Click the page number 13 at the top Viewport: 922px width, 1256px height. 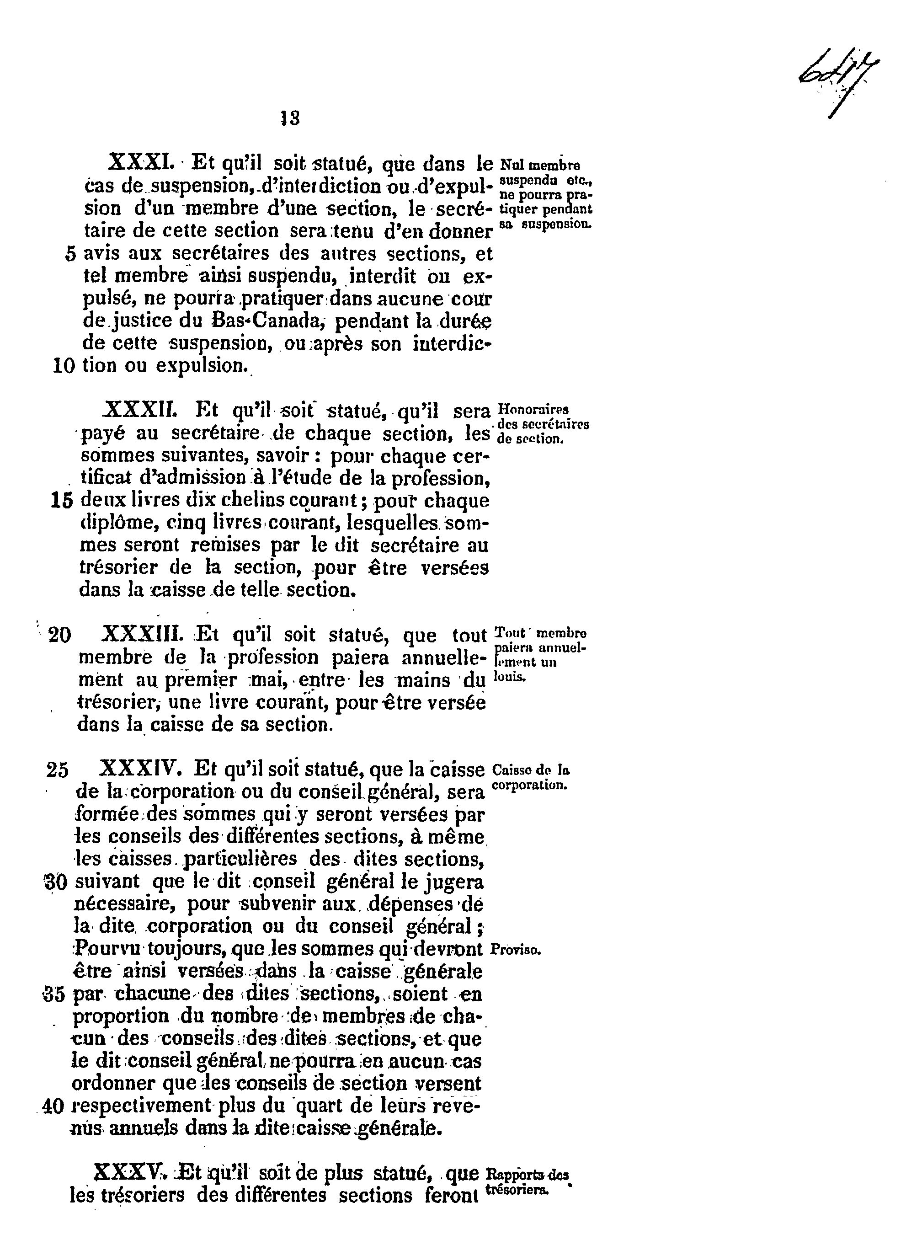click(x=290, y=118)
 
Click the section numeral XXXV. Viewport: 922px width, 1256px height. click(x=130, y=1172)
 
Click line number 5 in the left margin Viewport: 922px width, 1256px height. click(x=70, y=254)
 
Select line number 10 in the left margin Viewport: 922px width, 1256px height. click(x=64, y=366)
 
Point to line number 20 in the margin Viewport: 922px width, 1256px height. click(x=60, y=635)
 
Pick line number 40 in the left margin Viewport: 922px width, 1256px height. click(x=53, y=1106)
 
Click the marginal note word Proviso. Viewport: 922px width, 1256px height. click(x=516, y=950)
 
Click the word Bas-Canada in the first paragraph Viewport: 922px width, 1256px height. click(x=268, y=321)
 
